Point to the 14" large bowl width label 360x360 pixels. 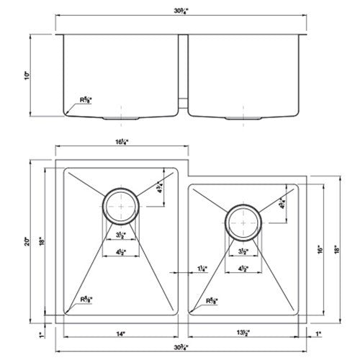120,333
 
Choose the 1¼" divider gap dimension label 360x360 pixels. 202,269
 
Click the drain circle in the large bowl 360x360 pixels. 120,205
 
